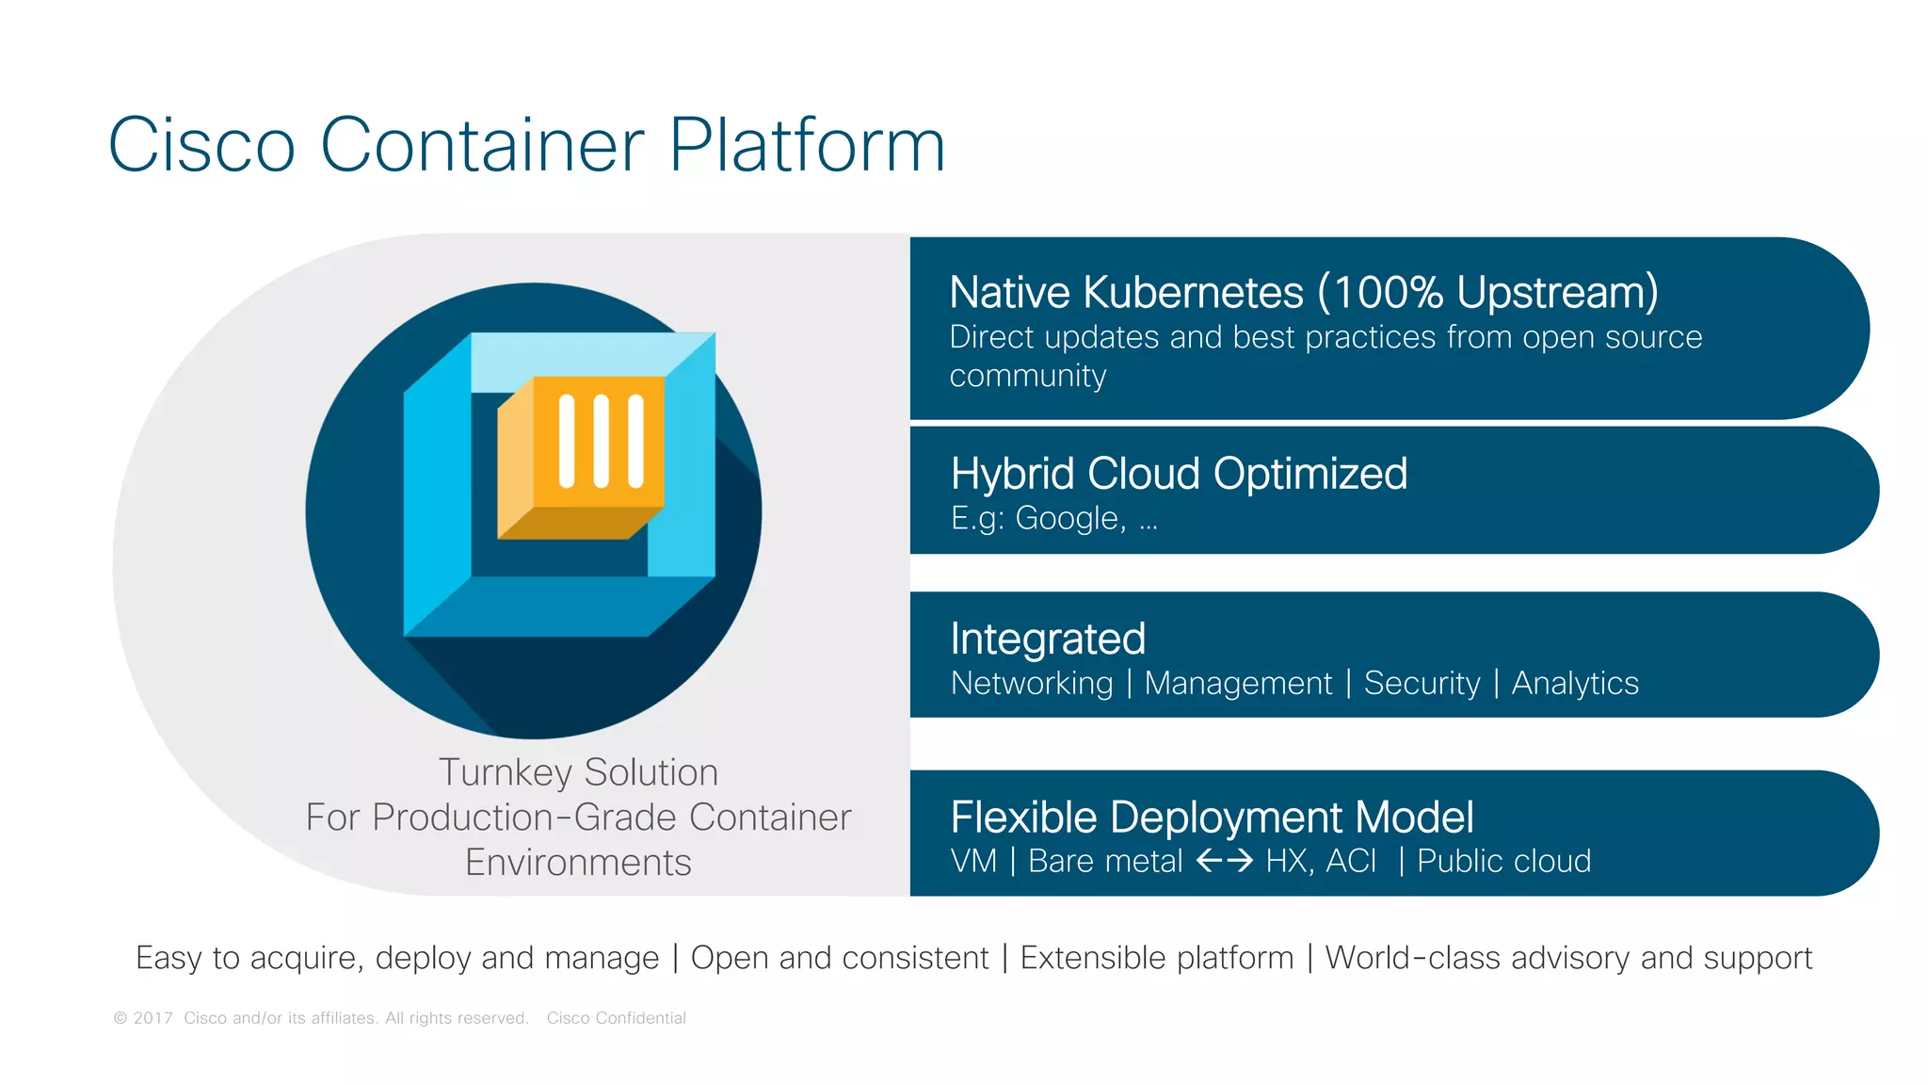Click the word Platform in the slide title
pyautogui.click(x=806, y=146)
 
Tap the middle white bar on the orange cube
pyautogui.click(x=601, y=441)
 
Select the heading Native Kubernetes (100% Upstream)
pyautogui.click(x=1303, y=292)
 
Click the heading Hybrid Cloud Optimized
pyautogui.click(x=1179, y=474)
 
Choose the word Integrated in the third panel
pyautogui.click(x=1048, y=639)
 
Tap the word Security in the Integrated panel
pyautogui.click(x=1422, y=683)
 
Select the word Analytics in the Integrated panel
pyautogui.click(x=1575, y=683)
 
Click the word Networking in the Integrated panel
pyautogui.click(x=1032, y=683)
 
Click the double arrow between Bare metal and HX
pyautogui.click(x=1224, y=861)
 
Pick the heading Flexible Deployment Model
pyautogui.click(x=1212, y=818)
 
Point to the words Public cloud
pyautogui.click(x=1503, y=861)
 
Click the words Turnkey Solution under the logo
pyautogui.click(x=578, y=772)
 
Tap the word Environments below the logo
pyautogui.click(x=578, y=863)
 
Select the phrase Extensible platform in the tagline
pyautogui.click(x=1157, y=958)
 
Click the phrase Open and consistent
pyautogui.click(x=840, y=958)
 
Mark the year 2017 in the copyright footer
pyautogui.click(x=153, y=1018)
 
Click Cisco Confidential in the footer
pyautogui.click(x=616, y=1018)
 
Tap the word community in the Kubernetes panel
pyautogui.click(x=1027, y=376)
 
